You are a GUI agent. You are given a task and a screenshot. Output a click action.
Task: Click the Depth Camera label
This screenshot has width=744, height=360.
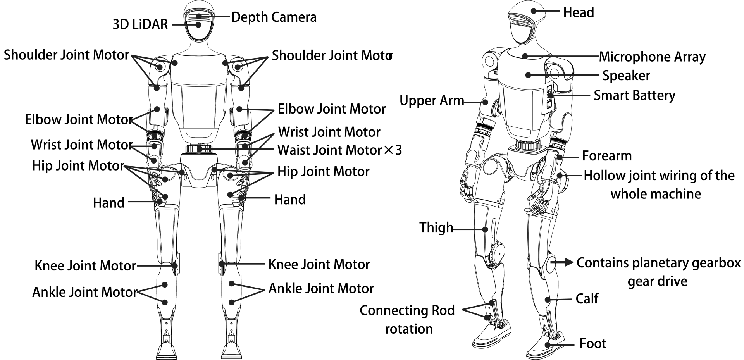pos(274,17)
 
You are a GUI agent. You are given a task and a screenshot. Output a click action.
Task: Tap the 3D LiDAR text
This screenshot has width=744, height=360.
pos(140,24)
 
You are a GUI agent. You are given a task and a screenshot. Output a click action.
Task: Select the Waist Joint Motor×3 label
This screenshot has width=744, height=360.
pos(339,150)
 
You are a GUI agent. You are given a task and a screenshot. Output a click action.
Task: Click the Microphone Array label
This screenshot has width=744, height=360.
pos(652,57)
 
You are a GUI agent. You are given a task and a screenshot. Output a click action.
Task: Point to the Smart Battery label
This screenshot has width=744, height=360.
pos(634,95)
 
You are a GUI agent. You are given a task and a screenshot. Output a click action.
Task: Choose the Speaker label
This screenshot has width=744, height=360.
pos(626,76)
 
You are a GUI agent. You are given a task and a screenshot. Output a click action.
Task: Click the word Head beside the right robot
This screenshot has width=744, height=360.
pos(578,12)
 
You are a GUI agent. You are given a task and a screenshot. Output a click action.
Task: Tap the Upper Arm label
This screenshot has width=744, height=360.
pos(431,101)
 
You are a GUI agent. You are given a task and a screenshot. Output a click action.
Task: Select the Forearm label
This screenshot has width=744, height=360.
pos(606,156)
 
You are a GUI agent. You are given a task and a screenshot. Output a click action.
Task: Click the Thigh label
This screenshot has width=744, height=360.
pos(436,227)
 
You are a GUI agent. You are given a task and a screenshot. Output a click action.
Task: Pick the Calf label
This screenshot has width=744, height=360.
pos(587,299)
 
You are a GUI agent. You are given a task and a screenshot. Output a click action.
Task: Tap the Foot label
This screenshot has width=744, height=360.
pos(592,344)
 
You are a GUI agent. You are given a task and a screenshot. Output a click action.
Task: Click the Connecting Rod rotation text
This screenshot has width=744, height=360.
pos(407,319)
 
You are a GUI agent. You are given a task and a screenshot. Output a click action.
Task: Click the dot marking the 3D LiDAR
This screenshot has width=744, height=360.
pos(198,25)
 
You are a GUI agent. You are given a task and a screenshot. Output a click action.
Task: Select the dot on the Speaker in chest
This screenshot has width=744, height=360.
pos(528,75)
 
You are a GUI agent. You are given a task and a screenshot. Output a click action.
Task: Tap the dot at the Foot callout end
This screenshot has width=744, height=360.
pos(548,344)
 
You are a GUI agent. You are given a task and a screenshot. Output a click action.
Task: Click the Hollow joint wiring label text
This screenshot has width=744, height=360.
pos(658,184)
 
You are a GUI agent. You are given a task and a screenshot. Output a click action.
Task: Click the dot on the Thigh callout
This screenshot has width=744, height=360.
pos(486,229)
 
